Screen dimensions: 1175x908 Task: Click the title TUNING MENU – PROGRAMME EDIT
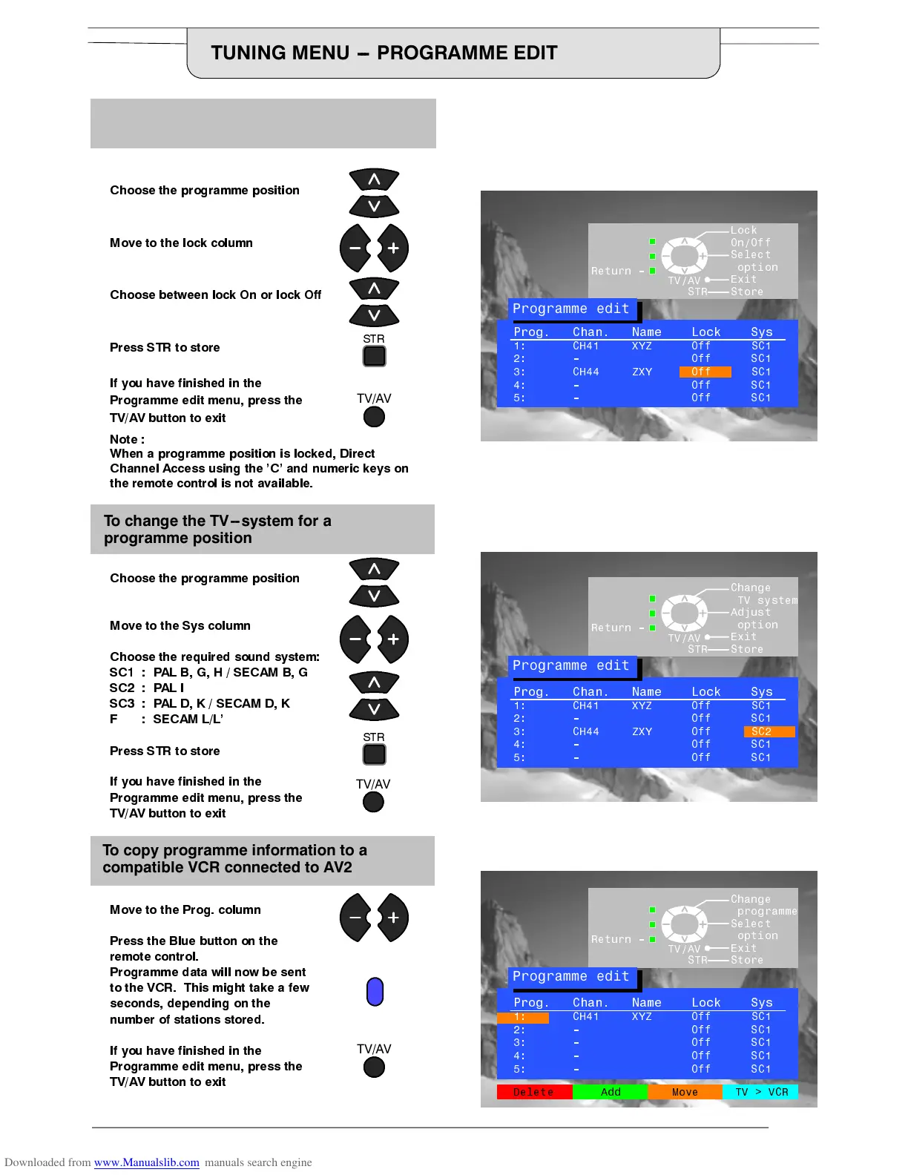click(384, 53)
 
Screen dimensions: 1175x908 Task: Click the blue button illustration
click(375, 992)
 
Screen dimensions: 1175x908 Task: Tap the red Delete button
click(534, 1092)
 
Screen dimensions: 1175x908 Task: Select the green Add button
click(611, 1092)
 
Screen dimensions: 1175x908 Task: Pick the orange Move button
click(685, 1092)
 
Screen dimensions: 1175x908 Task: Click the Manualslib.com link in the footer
click(146, 1162)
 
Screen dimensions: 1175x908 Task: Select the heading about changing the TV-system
click(217, 529)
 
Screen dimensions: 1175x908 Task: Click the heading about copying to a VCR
click(234, 858)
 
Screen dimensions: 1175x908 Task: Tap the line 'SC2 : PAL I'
click(147, 688)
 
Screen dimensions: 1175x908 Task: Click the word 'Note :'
click(127, 439)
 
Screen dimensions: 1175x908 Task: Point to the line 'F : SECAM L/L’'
click(166, 719)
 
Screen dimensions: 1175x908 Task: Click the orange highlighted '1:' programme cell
click(523, 1017)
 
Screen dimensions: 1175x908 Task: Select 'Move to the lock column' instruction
click(181, 243)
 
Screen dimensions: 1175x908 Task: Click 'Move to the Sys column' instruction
click(180, 625)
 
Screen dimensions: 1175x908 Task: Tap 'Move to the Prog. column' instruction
click(185, 909)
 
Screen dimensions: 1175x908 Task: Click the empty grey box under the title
click(263, 123)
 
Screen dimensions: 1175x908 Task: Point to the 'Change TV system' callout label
click(763, 594)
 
